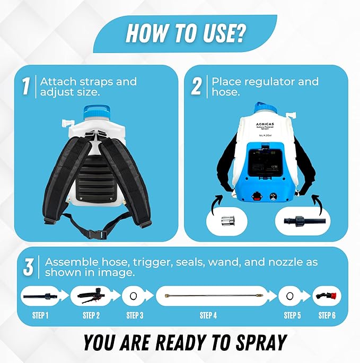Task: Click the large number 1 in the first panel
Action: tap(26, 87)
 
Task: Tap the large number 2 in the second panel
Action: tap(197, 87)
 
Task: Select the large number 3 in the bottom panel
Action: tap(28, 267)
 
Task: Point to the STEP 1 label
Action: tap(40, 315)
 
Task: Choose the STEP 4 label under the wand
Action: tap(208, 315)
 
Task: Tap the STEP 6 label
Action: tap(328, 315)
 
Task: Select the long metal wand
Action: tap(212, 295)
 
